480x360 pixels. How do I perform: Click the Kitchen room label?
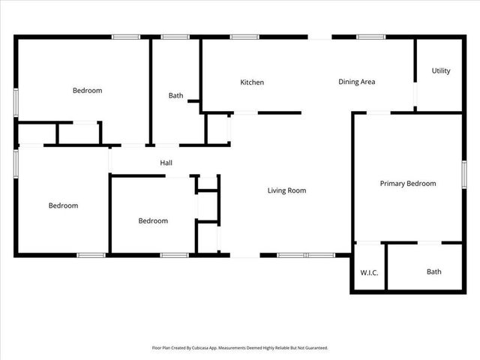point(251,82)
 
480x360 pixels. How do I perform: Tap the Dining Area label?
point(356,82)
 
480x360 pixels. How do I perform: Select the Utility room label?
point(441,71)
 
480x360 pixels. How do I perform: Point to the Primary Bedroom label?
point(407,184)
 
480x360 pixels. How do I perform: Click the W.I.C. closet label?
point(369,271)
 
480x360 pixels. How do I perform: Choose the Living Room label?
point(286,190)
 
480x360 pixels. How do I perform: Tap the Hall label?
point(166,163)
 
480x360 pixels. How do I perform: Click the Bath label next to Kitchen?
point(175,95)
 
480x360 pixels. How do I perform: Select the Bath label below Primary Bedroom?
point(434,271)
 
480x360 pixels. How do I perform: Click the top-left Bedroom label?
point(87,91)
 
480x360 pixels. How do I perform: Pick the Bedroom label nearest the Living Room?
point(153,221)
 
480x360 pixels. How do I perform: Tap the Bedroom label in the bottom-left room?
point(63,205)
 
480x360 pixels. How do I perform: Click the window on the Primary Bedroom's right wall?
point(464,173)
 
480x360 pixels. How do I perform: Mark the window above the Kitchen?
point(244,36)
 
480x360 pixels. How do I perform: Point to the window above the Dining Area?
point(370,36)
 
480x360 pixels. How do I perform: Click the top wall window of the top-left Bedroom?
point(126,36)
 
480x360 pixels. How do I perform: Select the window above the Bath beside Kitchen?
point(175,36)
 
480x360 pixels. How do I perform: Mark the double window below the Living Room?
point(306,256)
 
